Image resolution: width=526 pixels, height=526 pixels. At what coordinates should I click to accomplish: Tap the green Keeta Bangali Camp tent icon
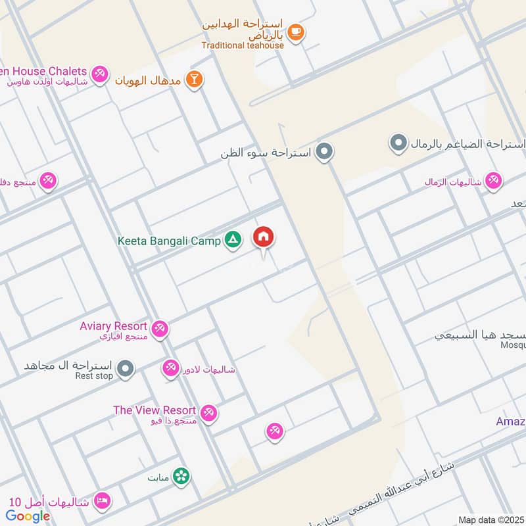232,241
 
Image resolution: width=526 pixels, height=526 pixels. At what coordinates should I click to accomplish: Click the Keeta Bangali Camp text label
169,241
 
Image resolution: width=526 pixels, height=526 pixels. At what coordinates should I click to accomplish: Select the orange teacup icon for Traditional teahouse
296,32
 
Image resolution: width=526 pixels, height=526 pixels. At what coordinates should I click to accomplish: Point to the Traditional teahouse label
243,45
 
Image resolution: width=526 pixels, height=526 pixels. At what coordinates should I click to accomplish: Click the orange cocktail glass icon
194,80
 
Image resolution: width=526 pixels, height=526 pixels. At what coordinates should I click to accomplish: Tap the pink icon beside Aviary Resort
159,328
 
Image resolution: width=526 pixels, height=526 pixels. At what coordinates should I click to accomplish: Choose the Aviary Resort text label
113,326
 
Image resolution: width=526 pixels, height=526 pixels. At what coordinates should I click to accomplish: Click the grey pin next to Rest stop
126,369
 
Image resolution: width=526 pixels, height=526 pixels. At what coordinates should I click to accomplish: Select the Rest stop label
94,376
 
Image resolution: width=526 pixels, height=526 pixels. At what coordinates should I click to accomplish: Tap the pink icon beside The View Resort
209,413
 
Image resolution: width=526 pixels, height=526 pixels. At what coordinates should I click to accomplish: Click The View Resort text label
155,410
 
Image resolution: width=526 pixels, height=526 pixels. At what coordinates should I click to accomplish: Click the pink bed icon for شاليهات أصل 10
101,502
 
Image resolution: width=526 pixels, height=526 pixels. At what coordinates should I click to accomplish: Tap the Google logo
28,516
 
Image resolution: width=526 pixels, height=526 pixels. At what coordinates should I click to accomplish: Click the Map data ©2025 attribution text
490,519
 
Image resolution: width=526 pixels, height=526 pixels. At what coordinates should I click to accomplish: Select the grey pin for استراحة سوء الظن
323,153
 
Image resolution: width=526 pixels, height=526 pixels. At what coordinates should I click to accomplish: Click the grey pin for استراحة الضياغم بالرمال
398,143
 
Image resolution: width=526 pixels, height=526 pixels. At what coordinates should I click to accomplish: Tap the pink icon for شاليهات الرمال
493,181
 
